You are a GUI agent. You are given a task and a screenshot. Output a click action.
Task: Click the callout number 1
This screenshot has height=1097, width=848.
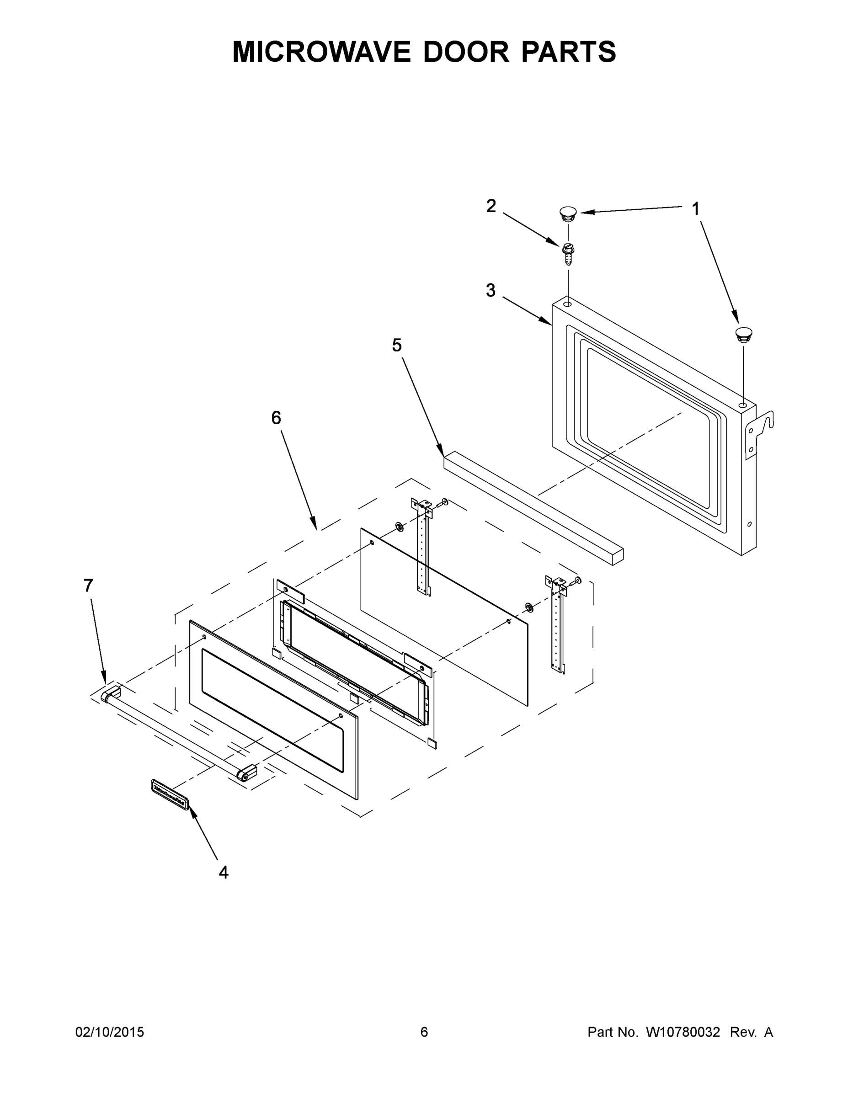click(695, 209)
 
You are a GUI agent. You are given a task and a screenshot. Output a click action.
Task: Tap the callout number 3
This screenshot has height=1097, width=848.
click(491, 290)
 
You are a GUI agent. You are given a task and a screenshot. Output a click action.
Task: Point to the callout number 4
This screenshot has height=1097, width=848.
click(224, 873)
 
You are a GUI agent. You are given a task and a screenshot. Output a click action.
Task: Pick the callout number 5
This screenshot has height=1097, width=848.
click(397, 345)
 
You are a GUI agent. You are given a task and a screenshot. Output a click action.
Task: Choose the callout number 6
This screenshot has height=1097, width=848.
click(276, 417)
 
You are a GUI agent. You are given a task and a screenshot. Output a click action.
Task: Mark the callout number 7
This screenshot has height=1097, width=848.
click(88, 585)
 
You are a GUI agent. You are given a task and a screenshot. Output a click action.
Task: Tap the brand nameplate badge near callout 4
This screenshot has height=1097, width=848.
click(169, 794)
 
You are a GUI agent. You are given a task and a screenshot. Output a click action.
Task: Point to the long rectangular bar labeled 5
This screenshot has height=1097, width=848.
click(533, 507)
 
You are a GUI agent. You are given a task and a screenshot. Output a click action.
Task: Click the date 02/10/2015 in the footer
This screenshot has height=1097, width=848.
click(110, 1032)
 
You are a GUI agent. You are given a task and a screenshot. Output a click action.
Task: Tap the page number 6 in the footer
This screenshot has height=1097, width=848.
click(424, 1032)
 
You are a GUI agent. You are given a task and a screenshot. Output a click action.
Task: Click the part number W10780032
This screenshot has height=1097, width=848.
click(683, 1032)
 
